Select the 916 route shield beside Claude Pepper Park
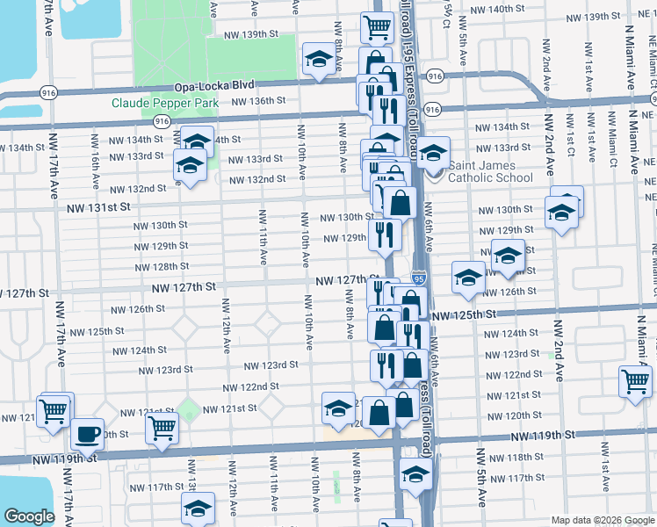(161, 120)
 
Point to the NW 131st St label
(100, 206)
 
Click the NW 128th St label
(162, 266)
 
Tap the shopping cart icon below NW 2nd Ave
(635, 381)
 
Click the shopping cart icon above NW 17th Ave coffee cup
(54, 408)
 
